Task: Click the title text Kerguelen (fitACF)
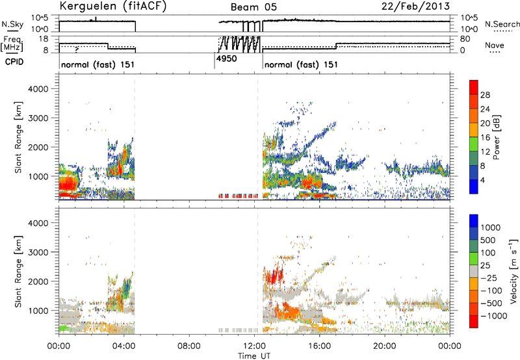point(112,6)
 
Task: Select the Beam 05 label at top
point(253,7)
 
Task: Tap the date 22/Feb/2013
point(415,6)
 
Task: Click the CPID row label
point(14,62)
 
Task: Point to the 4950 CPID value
point(226,58)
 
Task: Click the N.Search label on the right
point(502,24)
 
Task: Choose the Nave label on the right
point(495,45)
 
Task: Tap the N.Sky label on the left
point(12,24)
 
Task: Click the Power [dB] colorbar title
point(496,137)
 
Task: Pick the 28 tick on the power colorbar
point(485,95)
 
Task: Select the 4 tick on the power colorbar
point(482,180)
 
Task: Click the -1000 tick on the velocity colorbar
point(493,316)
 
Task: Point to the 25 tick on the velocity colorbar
point(485,266)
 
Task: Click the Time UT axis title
point(254,356)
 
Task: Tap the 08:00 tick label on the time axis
point(189,346)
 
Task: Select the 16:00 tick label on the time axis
point(319,346)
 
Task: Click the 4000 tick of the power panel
point(38,89)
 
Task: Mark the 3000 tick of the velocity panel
point(38,252)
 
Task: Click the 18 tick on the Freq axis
point(44,39)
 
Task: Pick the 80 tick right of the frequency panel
point(465,39)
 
